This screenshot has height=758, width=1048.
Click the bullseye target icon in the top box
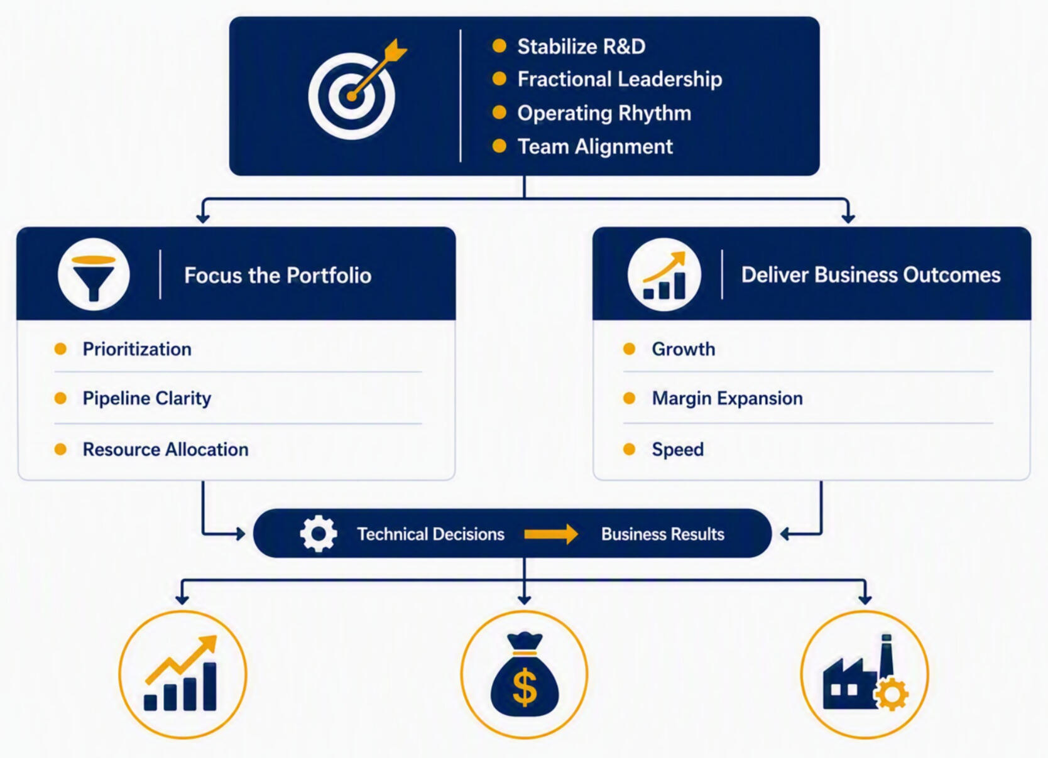point(352,96)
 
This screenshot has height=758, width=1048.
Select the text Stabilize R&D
point(581,46)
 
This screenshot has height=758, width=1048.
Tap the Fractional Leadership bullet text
point(620,79)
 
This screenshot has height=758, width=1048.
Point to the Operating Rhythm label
point(604,113)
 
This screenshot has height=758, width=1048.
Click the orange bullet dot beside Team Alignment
point(499,146)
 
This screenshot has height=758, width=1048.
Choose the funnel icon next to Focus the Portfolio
point(94,274)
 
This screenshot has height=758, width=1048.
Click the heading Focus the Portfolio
point(278,275)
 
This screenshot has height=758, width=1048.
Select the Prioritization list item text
point(137,349)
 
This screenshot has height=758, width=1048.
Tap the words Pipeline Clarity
point(147,398)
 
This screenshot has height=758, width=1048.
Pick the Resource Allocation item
point(166,450)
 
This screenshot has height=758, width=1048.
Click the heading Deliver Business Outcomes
point(871,275)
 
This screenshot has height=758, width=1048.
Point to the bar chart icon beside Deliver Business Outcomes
point(664,274)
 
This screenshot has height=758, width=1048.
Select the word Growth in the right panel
point(684,349)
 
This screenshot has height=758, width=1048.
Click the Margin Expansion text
point(727,398)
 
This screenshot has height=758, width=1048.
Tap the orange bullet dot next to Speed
point(630,450)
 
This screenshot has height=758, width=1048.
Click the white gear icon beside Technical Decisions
point(319,534)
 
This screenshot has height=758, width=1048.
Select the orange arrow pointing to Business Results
point(551,534)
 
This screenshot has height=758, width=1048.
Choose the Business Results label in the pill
point(662,534)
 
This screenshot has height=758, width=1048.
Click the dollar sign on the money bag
point(525,687)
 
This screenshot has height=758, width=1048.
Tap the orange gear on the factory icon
point(892,694)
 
